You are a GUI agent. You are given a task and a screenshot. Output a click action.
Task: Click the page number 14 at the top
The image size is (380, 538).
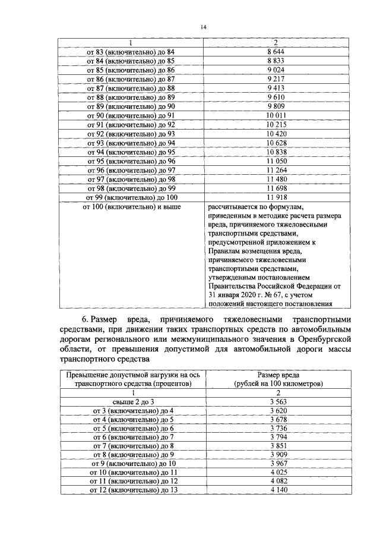(x=204, y=27)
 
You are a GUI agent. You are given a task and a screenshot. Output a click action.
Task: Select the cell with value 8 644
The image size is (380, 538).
(x=277, y=52)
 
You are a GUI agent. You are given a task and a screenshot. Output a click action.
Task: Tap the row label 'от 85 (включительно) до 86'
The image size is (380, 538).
(x=131, y=70)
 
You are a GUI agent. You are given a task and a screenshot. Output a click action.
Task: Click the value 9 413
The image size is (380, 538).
(x=277, y=88)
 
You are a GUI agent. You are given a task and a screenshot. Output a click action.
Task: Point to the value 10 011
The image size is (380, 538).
(x=277, y=115)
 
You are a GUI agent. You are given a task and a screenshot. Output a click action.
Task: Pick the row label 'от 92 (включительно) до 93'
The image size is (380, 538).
(x=131, y=133)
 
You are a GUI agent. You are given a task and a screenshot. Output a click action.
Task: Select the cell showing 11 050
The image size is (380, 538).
(x=277, y=161)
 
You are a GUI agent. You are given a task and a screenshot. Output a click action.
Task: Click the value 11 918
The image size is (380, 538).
(x=277, y=197)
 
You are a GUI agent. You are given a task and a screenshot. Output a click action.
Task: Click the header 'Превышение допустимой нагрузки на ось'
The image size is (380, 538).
(x=131, y=375)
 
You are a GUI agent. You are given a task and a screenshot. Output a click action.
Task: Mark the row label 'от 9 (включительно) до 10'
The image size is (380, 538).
(x=131, y=464)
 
